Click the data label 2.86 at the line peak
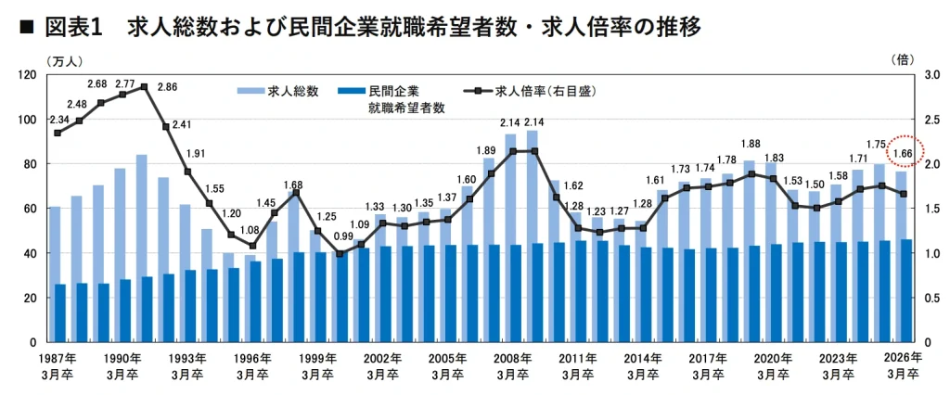click(x=167, y=87)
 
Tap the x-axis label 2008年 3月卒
click(x=513, y=366)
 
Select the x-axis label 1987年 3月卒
click(x=57, y=366)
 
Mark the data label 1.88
click(x=751, y=144)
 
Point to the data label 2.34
click(x=59, y=119)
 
